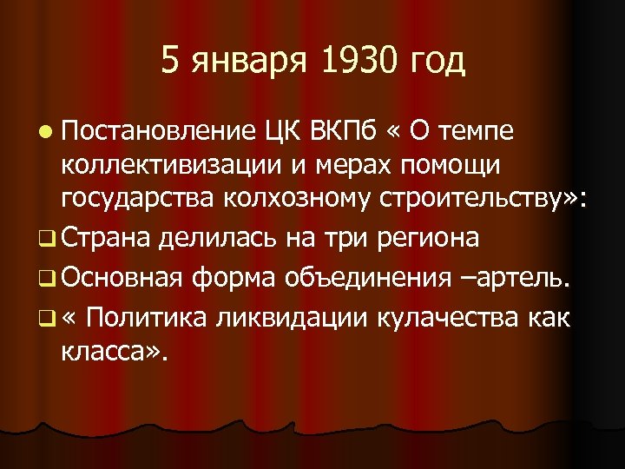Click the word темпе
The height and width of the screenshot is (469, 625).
point(474,133)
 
